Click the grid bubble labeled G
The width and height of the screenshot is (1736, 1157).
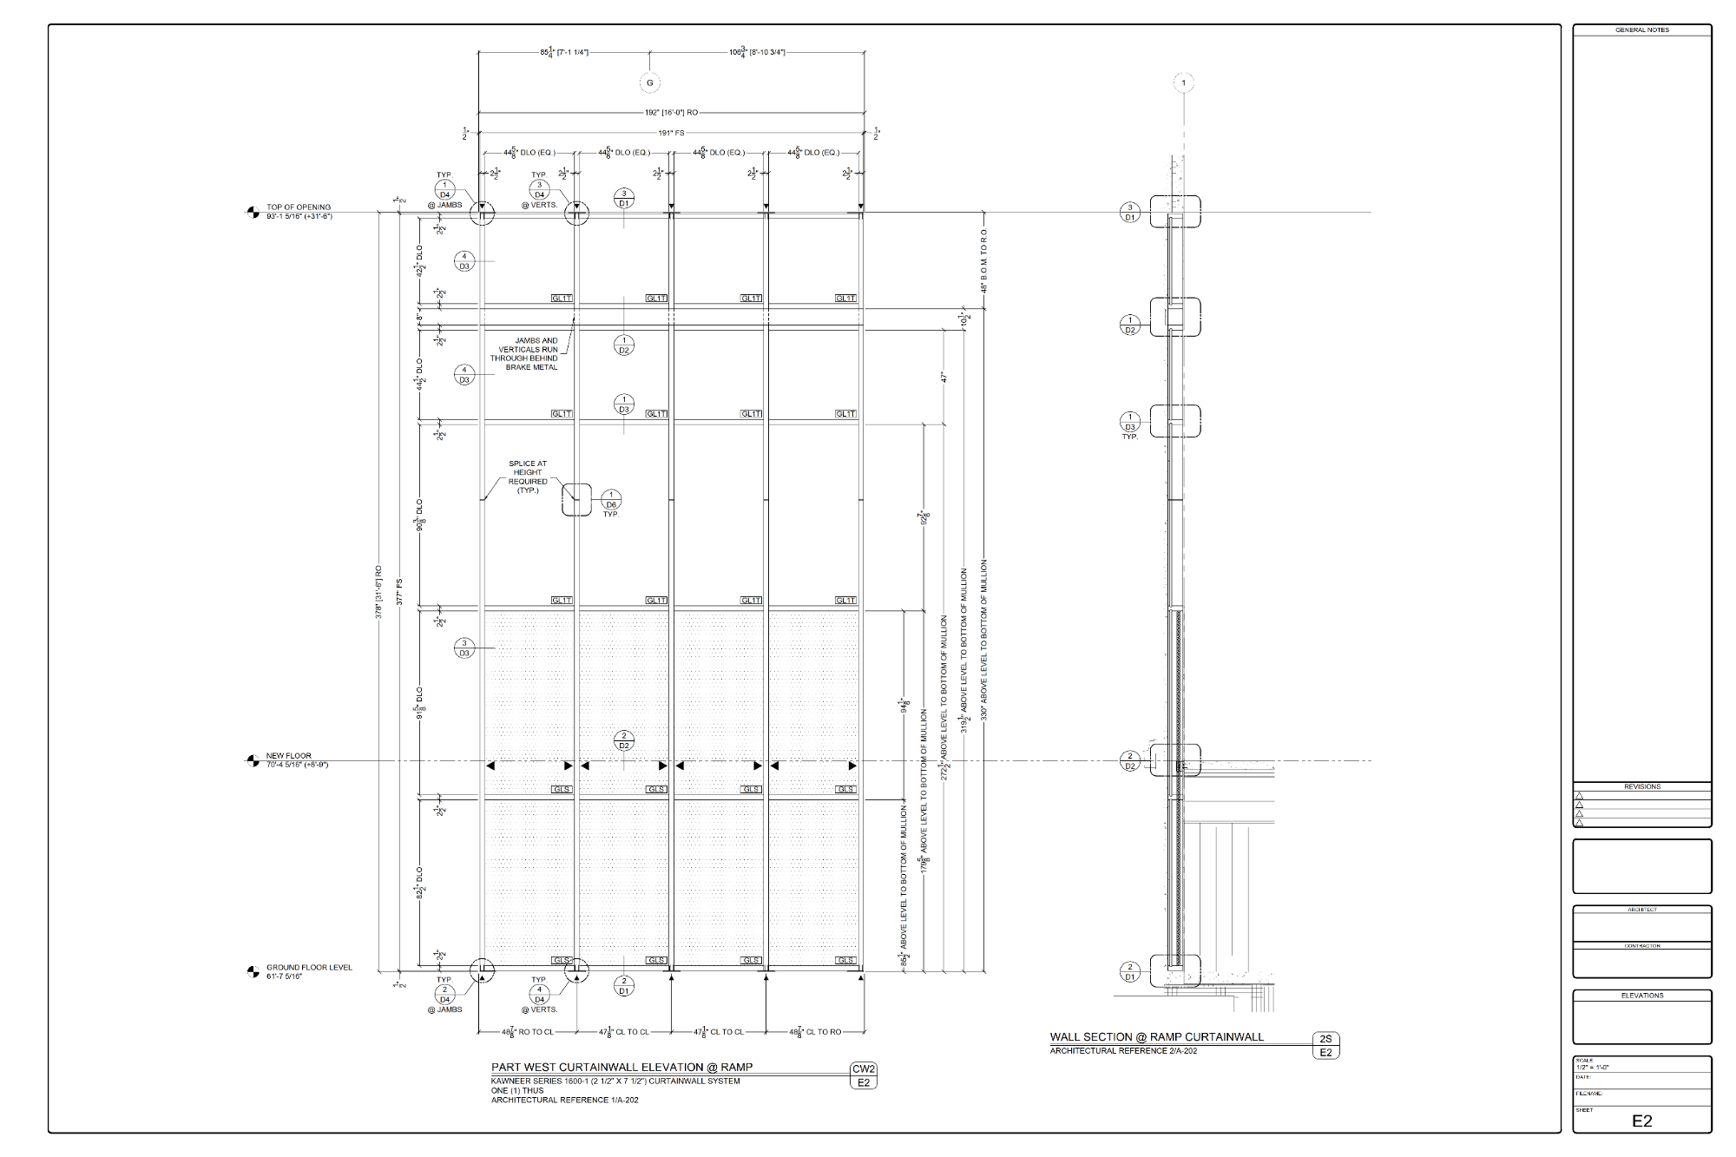click(x=649, y=83)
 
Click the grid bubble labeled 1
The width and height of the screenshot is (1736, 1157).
click(x=1184, y=83)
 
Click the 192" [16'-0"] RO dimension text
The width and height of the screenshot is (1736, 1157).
click(x=671, y=113)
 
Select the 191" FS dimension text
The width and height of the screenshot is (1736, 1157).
click(x=671, y=133)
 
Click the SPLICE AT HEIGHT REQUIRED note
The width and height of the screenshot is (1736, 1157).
click(x=528, y=477)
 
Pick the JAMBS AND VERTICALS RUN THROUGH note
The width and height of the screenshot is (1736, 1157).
click(x=536, y=354)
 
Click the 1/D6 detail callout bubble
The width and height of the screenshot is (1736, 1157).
click(x=611, y=500)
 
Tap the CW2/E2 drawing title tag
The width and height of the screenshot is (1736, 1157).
click(x=864, y=1075)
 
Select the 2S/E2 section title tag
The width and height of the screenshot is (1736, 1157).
click(x=1325, y=1045)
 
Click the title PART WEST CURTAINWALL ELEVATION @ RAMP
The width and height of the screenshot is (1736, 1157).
click(x=621, y=1068)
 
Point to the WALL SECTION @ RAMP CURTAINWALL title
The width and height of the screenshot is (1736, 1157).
click(x=1156, y=1036)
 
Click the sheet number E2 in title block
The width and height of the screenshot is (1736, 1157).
click(x=1641, y=1121)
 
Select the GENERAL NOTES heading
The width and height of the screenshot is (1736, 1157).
click(x=1641, y=30)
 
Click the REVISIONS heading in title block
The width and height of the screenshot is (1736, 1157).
click(x=1641, y=786)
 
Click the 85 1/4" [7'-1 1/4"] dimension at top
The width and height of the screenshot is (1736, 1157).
click(x=564, y=53)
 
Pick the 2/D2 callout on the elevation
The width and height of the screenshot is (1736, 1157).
click(x=623, y=740)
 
